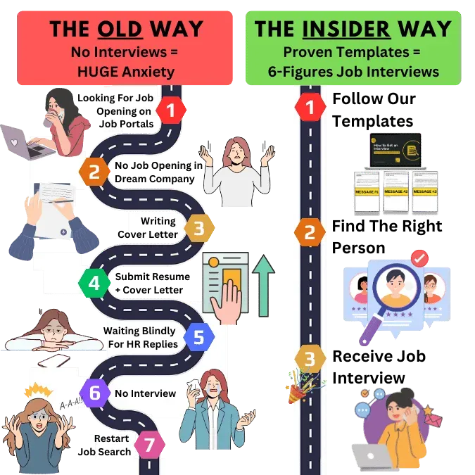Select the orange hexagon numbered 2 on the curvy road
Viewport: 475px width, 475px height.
pos(95,170)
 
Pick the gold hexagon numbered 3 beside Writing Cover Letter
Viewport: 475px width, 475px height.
pos(199,228)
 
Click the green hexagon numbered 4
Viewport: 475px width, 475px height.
pos(94,285)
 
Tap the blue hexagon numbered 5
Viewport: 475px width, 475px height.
pos(199,337)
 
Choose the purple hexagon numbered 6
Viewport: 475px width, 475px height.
pos(94,392)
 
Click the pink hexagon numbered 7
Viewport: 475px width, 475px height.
pos(148,445)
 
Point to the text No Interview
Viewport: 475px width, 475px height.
pos(145,393)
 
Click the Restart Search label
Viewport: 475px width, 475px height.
pos(113,445)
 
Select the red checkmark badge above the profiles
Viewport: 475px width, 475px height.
pos(420,259)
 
